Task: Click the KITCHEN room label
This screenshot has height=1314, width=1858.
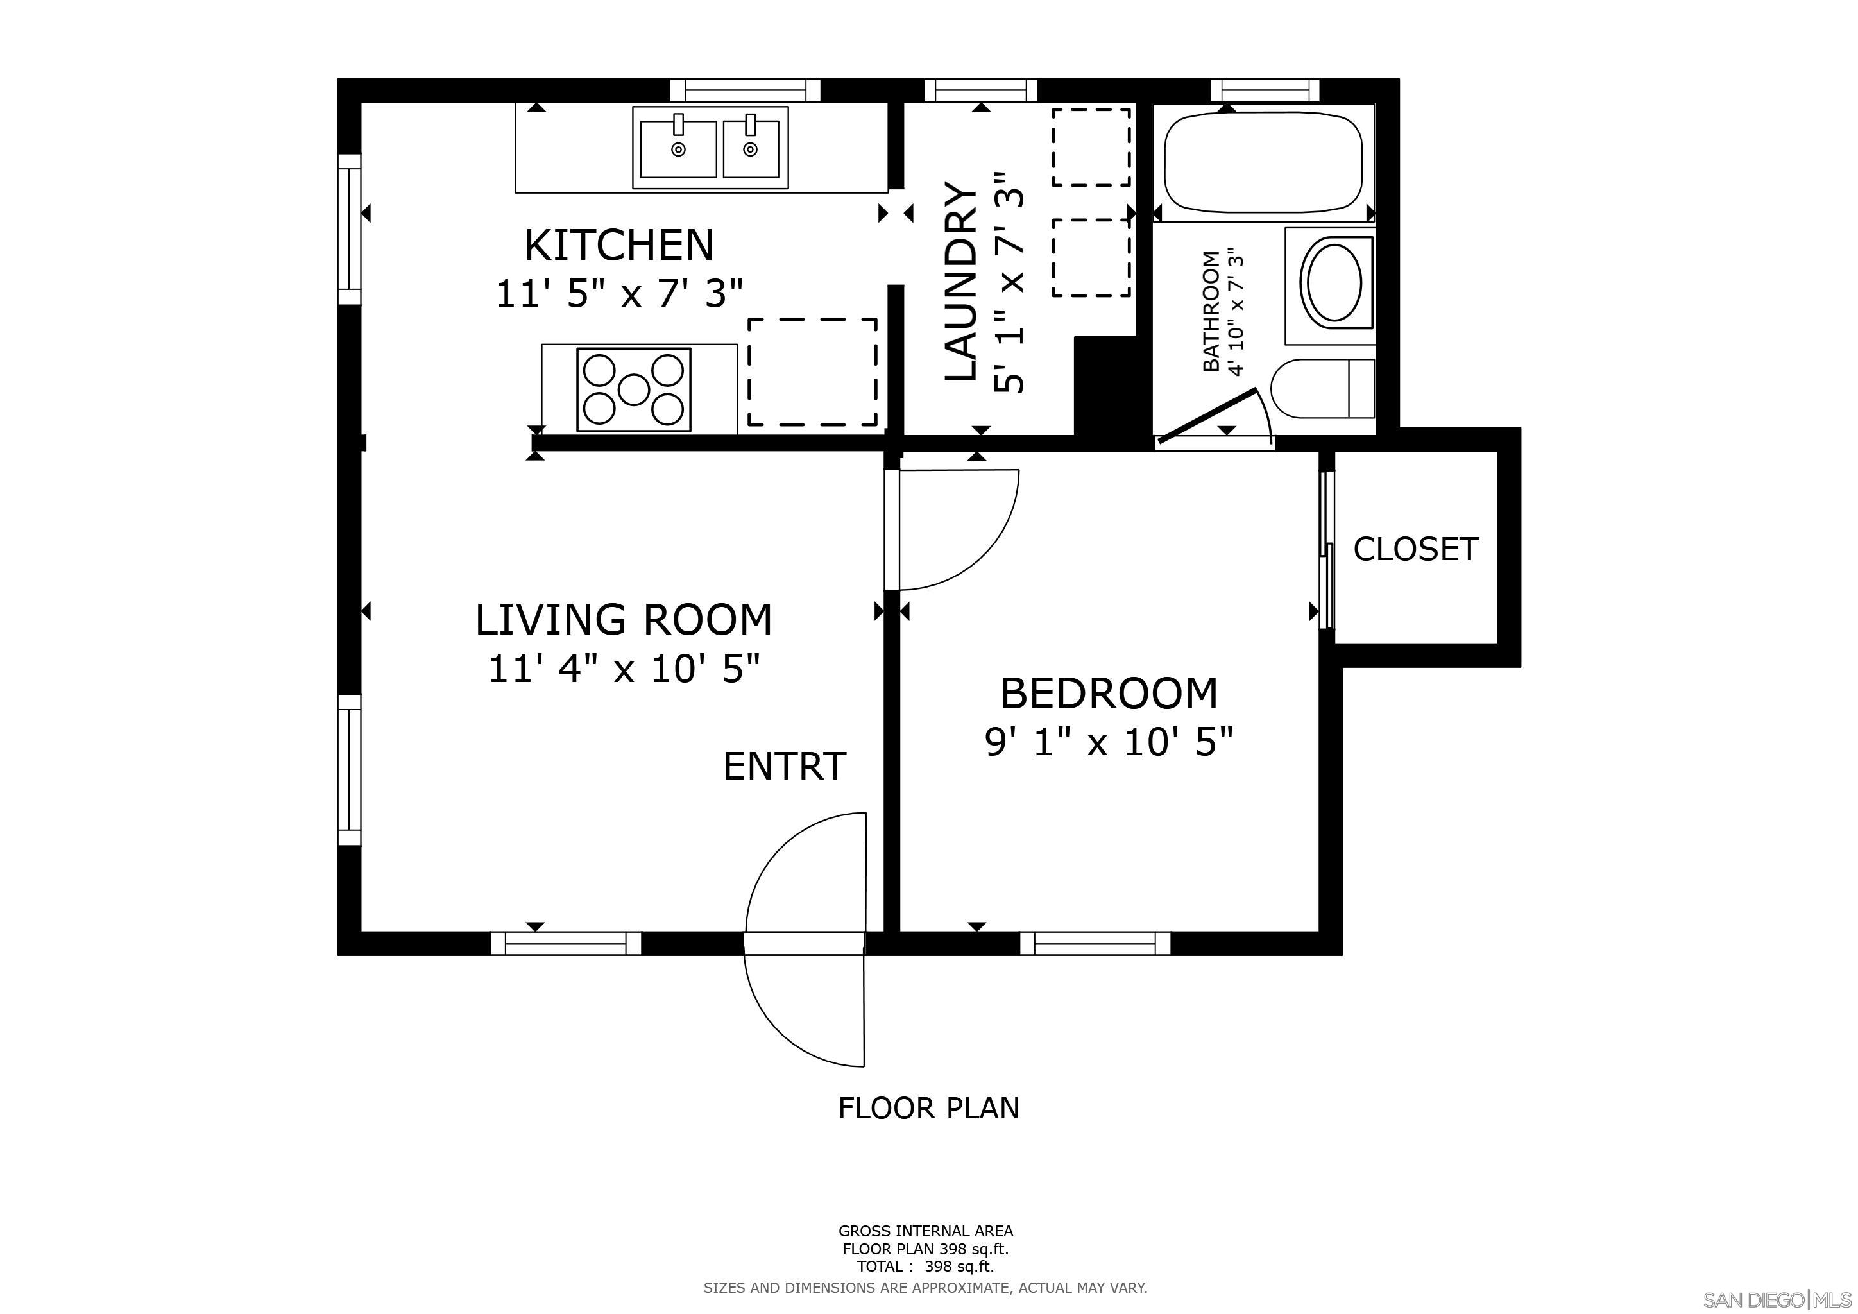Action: (619, 245)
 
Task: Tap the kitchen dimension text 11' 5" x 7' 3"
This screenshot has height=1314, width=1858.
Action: (619, 294)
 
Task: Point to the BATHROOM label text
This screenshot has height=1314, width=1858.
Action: (1211, 312)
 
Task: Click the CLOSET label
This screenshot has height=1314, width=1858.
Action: (1415, 549)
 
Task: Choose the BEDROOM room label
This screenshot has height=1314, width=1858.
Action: (1109, 694)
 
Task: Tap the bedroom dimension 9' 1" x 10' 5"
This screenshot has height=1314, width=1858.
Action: (1109, 742)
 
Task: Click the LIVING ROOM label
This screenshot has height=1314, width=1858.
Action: (623, 620)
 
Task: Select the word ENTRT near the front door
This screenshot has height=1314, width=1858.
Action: (784, 766)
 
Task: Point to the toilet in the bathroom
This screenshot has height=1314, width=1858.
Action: (1322, 389)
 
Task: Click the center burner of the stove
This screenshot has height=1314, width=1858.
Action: (634, 390)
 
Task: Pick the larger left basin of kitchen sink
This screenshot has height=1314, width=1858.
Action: (678, 149)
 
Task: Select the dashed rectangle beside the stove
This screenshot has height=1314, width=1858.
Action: (812, 372)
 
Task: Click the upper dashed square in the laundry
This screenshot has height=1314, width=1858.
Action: (1091, 148)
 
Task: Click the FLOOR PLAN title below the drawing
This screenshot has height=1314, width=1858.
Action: (928, 1107)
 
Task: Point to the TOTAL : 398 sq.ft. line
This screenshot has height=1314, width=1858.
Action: (925, 1267)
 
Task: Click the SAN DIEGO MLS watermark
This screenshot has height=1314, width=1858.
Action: (1777, 1301)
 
